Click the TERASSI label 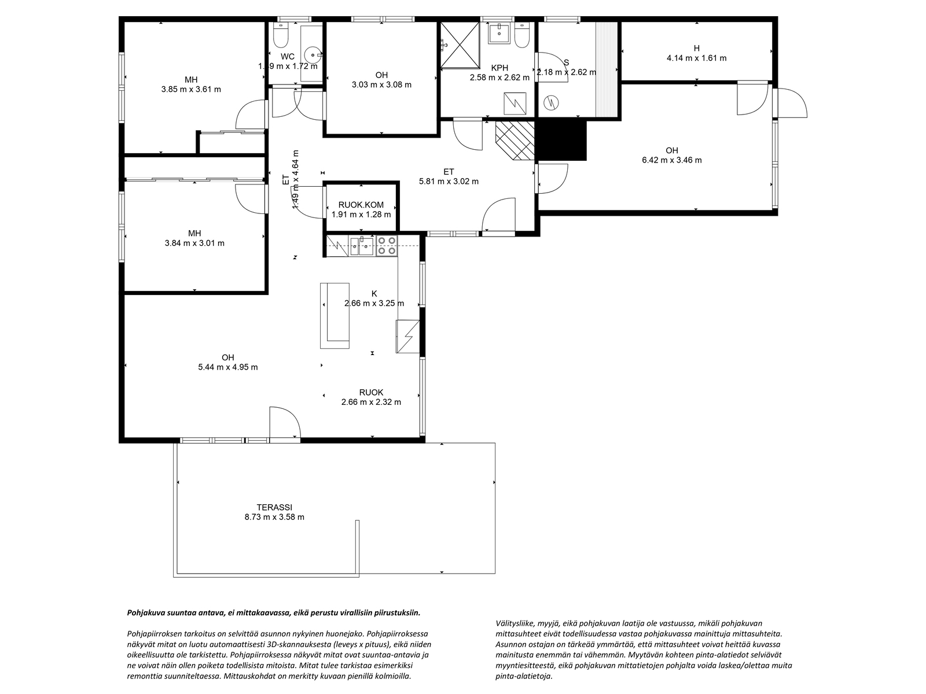(x=274, y=507)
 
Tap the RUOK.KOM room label (x=361, y=205)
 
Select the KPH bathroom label (x=499, y=68)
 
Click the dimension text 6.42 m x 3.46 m (x=671, y=160)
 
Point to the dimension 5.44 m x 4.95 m (x=228, y=367)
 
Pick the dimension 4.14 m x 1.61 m (x=696, y=58)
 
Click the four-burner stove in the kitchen (x=387, y=246)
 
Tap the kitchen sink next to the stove (x=361, y=246)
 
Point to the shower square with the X (x=460, y=45)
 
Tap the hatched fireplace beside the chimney (x=515, y=141)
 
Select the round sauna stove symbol (x=552, y=102)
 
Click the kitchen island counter (x=335, y=316)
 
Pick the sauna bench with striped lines (x=606, y=69)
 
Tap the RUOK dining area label (x=371, y=393)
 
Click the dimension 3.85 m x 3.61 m (x=191, y=89)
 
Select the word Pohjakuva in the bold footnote (x=144, y=613)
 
